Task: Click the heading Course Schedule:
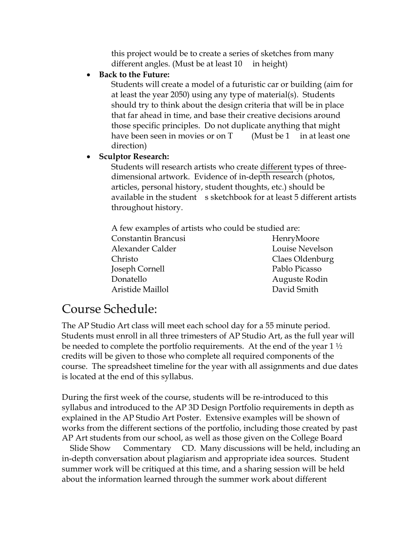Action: click(x=110, y=309)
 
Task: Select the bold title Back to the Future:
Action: click(x=134, y=75)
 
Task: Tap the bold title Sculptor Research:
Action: click(x=134, y=157)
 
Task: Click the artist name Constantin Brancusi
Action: click(x=148, y=239)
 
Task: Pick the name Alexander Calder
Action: click(x=144, y=249)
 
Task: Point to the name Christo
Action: click(x=125, y=259)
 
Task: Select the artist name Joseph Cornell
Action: click(x=138, y=269)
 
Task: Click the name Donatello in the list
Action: click(x=129, y=279)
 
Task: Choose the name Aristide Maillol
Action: click(x=140, y=290)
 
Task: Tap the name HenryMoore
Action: click(x=295, y=239)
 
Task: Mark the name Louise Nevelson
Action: click(x=302, y=249)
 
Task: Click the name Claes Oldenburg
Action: click(x=303, y=259)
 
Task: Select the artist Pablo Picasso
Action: click(x=297, y=269)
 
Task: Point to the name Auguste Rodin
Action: click(x=300, y=279)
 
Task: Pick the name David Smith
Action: click(x=295, y=290)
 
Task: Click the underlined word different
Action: click(x=276, y=167)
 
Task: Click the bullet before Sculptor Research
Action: click(x=89, y=157)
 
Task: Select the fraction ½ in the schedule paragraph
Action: click(x=340, y=346)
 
